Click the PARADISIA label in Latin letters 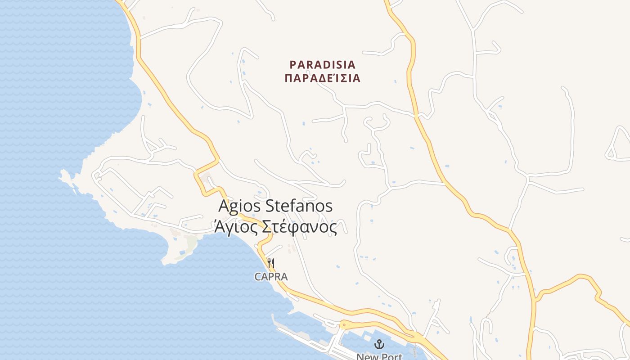322,65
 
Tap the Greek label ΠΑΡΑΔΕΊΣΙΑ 322,78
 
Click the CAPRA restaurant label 271,277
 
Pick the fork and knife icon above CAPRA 271,263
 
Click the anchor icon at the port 379,344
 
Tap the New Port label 379,357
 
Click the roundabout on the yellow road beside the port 344,324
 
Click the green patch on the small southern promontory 192,243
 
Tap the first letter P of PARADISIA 293,65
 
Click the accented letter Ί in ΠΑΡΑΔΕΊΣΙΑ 336,78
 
